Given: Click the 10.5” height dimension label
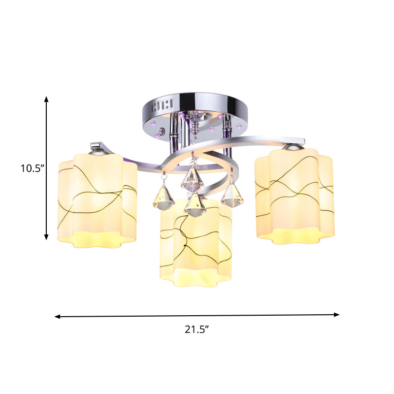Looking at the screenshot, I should pyautogui.click(x=33, y=168).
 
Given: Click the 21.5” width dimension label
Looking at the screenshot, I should pyautogui.click(x=197, y=330).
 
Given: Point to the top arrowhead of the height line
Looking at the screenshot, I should pyautogui.click(x=47, y=99).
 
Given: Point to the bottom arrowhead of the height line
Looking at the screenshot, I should pyautogui.click(x=47, y=237).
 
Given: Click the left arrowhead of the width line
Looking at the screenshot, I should pyautogui.click(x=57, y=316).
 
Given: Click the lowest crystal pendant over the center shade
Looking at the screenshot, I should pyautogui.click(x=195, y=207).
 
